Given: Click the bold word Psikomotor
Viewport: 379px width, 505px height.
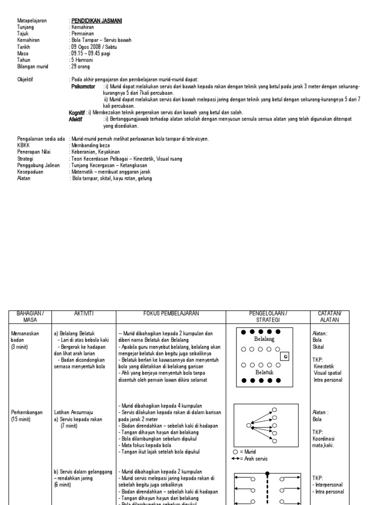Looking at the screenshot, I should pos(83,86).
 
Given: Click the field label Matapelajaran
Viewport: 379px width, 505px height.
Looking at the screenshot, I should pos(32,20).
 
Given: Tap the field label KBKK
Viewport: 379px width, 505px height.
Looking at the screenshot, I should pos(24,145).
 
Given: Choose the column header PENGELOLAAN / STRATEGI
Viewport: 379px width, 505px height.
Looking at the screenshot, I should pos(262,316).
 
